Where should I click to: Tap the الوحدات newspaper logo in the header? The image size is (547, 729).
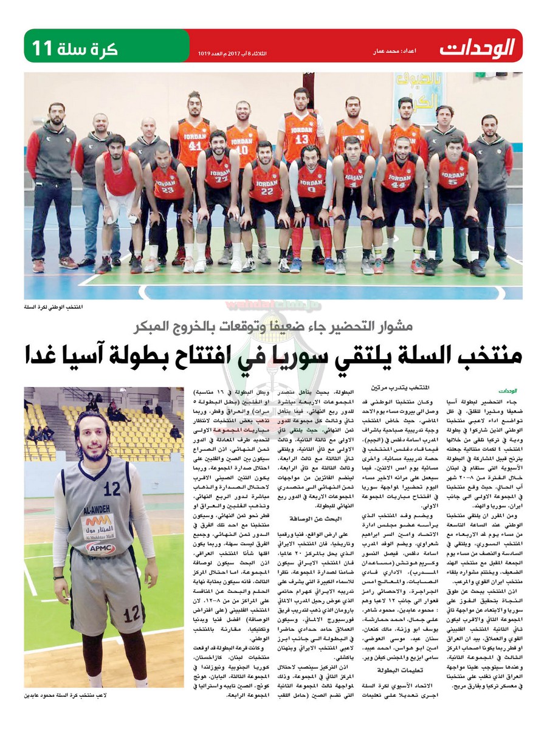[x=477, y=47]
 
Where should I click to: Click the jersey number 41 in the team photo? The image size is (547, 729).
[x=194, y=146]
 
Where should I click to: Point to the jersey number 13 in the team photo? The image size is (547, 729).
[x=302, y=139]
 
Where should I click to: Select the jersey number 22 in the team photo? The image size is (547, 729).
[x=266, y=190]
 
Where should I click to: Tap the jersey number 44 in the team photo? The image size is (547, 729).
[x=398, y=185]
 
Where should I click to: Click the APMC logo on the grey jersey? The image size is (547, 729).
[x=100, y=548]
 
